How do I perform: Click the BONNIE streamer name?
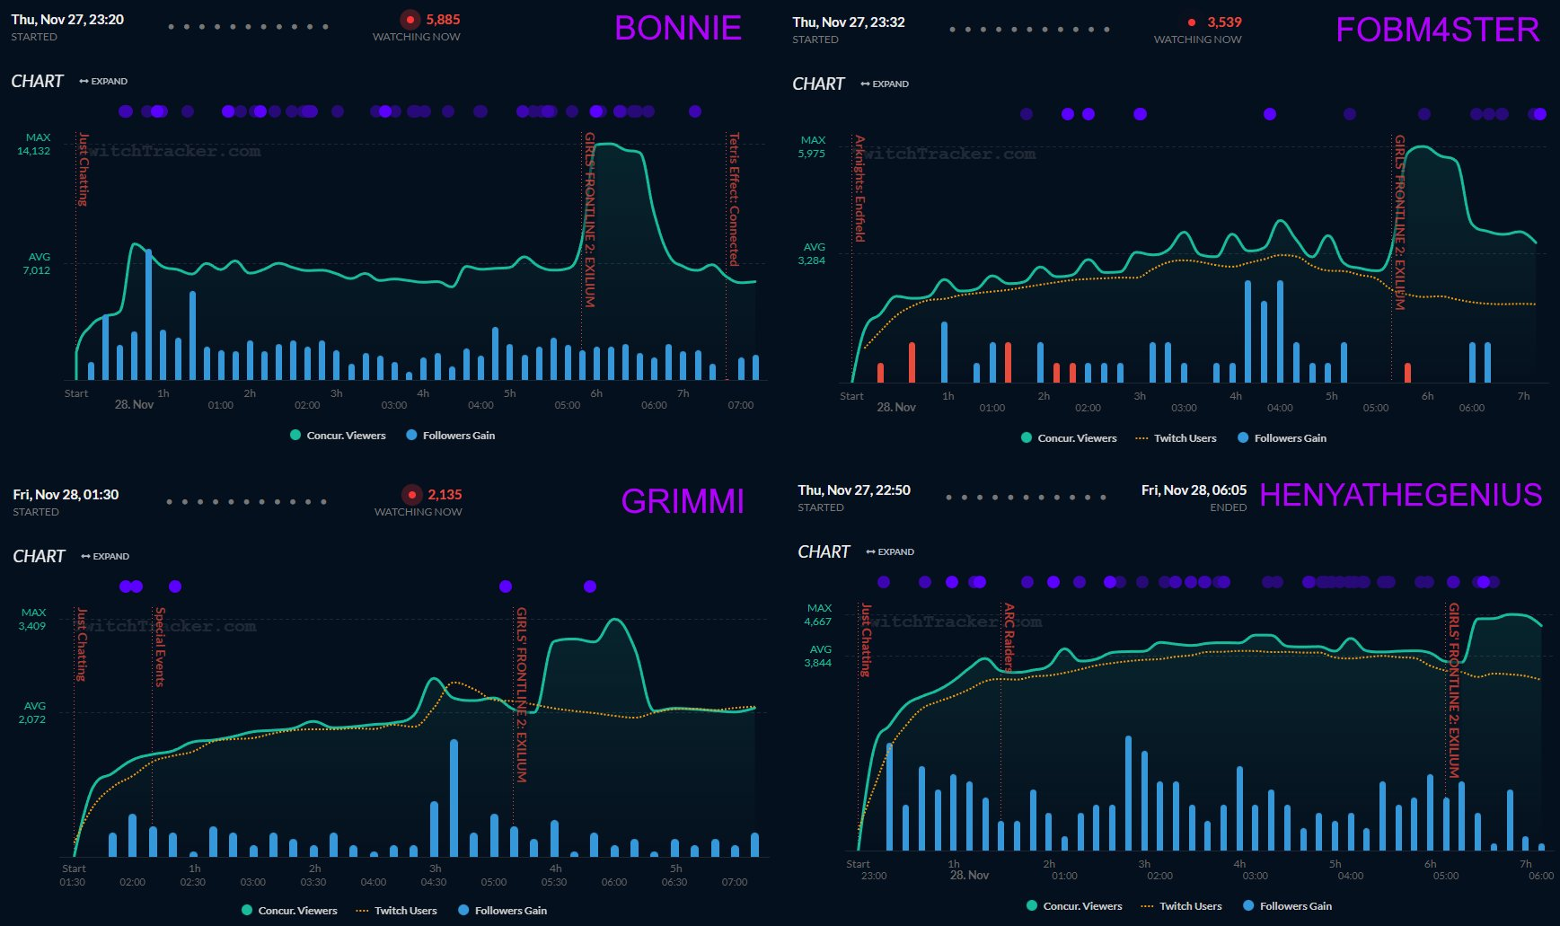tap(678, 29)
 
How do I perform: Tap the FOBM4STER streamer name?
tap(1437, 31)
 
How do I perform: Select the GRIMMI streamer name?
tap(683, 501)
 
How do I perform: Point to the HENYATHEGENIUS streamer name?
tap(1400, 495)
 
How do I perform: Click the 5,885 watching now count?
tap(443, 20)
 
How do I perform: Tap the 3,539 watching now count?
tap(1224, 22)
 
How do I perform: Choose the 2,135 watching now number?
tap(445, 495)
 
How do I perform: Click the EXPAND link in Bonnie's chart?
tap(103, 82)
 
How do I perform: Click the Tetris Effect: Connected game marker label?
tap(734, 199)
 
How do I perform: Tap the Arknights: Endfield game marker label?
tap(859, 189)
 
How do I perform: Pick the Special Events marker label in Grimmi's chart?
tap(160, 647)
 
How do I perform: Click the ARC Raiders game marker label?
tap(1009, 637)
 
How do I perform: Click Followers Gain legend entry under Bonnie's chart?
tap(458, 436)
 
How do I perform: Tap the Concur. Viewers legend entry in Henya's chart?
tap(1082, 906)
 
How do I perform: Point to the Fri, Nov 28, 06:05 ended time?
tap(1194, 490)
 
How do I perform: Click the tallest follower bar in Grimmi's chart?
tap(454, 798)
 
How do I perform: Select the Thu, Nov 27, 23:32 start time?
tap(849, 22)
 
